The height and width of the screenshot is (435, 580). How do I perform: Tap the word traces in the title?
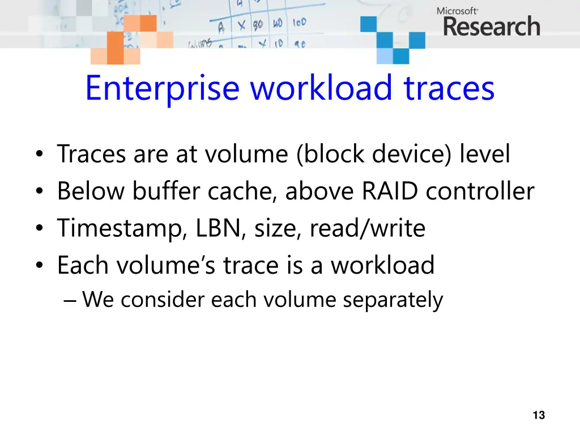449,88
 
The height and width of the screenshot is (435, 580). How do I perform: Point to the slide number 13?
539,415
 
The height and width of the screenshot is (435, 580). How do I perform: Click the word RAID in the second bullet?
391,191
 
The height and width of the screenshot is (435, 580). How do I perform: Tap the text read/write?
367,229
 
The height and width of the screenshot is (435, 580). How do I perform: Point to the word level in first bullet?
485,155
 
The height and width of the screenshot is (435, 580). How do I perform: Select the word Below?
91,191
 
